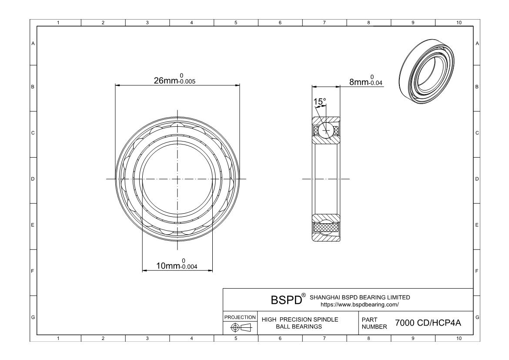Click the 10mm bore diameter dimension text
click(x=179, y=265)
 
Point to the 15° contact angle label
click(x=320, y=101)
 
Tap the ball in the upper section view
click(x=326, y=130)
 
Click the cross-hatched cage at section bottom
click(x=326, y=227)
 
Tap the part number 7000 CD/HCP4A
click(x=428, y=323)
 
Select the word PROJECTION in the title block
click(x=240, y=317)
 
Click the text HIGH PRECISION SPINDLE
click(x=300, y=320)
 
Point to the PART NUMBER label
click(x=372, y=323)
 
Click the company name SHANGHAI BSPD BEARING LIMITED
click(x=359, y=297)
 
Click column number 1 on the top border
click(x=59, y=23)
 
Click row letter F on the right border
click(x=477, y=271)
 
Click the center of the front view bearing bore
click(x=177, y=179)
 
